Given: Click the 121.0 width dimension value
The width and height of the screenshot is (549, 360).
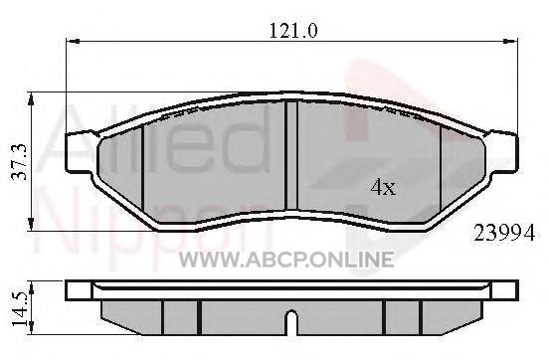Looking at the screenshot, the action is pos(293,31).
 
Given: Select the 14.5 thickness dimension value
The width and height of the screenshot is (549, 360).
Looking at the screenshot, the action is pos(20,309).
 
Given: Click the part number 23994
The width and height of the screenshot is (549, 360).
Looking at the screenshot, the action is pos(504,234).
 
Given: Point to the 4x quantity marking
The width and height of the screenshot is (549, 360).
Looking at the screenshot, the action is pos(383,187).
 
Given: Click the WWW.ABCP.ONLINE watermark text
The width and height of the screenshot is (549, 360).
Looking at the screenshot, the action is pos(286,260).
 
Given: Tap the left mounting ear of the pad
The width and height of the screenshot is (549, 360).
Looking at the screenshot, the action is pos(80,152).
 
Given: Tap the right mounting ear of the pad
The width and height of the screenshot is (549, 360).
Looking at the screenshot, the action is pos(502,152).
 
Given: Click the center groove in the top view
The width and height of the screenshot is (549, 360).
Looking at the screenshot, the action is pos(291,155).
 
